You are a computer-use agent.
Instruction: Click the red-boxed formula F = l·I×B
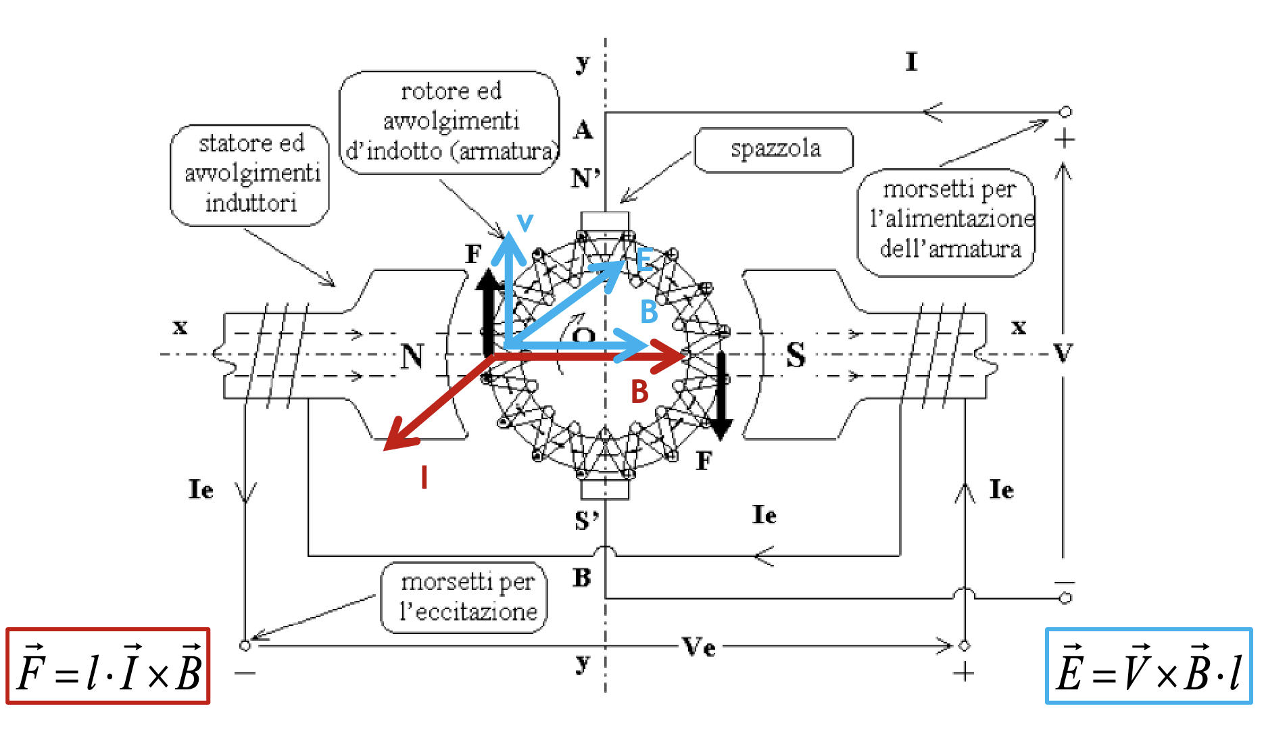click(x=108, y=666)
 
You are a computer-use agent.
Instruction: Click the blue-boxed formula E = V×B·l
click(x=1148, y=666)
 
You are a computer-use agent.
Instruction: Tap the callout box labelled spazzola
click(x=775, y=149)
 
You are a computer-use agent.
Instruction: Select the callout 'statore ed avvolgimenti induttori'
click(x=250, y=174)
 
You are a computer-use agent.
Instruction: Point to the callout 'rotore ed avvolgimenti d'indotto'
click(x=450, y=122)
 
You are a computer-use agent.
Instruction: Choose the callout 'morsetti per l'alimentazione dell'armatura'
click(x=948, y=220)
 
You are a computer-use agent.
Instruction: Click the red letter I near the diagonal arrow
click(x=424, y=477)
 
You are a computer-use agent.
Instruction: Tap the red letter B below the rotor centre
click(x=639, y=392)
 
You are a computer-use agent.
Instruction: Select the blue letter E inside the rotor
click(x=644, y=260)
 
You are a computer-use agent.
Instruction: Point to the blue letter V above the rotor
click(x=525, y=222)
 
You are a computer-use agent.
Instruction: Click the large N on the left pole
click(x=412, y=356)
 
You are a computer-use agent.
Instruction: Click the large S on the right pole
click(x=796, y=355)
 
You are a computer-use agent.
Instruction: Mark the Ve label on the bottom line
click(x=699, y=647)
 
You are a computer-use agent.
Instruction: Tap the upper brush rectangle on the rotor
click(x=605, y=222)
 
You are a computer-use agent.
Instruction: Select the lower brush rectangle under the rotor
click(x=605, y=488)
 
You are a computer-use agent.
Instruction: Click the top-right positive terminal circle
click(x=1065, y=112)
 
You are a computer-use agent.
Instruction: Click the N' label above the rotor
click(x=585, y=179)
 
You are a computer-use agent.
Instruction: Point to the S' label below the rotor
click(x=586, y=521)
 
